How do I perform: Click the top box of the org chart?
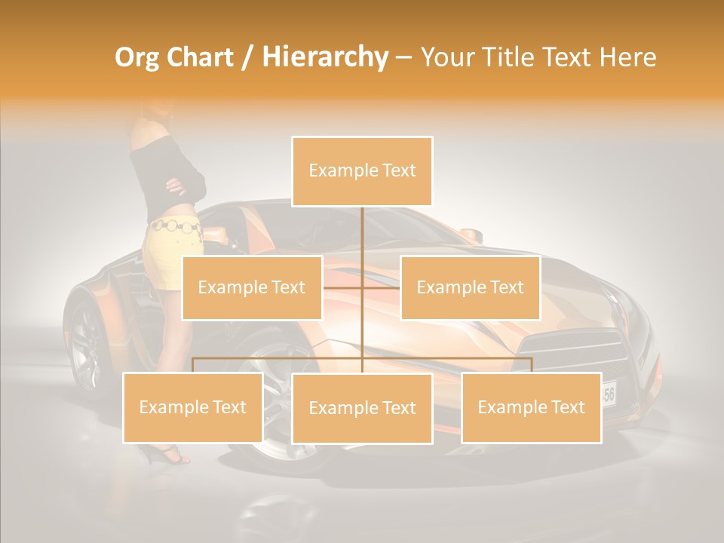(362, 171)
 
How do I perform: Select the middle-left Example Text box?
(252, 287)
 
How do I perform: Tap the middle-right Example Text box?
(470, 287)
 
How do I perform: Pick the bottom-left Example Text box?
(193, 407)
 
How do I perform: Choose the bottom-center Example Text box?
(362, 408)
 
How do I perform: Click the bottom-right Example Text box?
(531, 407)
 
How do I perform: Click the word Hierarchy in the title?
(324, 57)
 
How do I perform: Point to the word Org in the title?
(137, 57)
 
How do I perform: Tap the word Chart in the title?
(198, 57)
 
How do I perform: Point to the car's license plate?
(609, 393)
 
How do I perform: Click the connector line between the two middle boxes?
(362, 287)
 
